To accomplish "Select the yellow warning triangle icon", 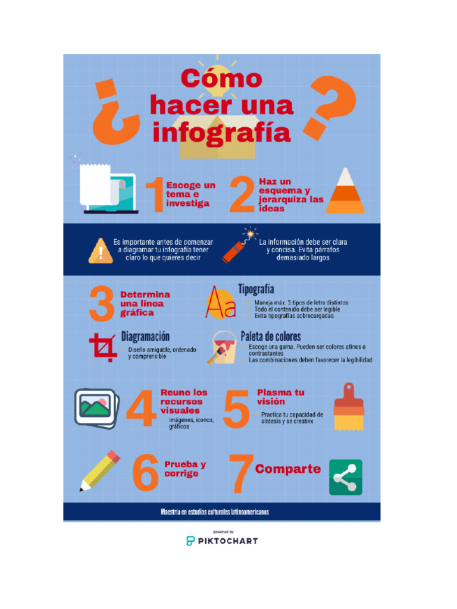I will click(100, 250).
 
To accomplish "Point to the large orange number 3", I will click(102, 303).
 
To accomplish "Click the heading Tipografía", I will click(256, 290).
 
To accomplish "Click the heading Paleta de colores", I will click(271, 337).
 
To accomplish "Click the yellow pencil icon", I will click(99, 471).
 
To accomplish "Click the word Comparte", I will click(288, 469).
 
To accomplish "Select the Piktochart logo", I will click(222, 540).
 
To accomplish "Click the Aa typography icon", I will click(220, 302).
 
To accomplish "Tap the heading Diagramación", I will click(145, 337).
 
